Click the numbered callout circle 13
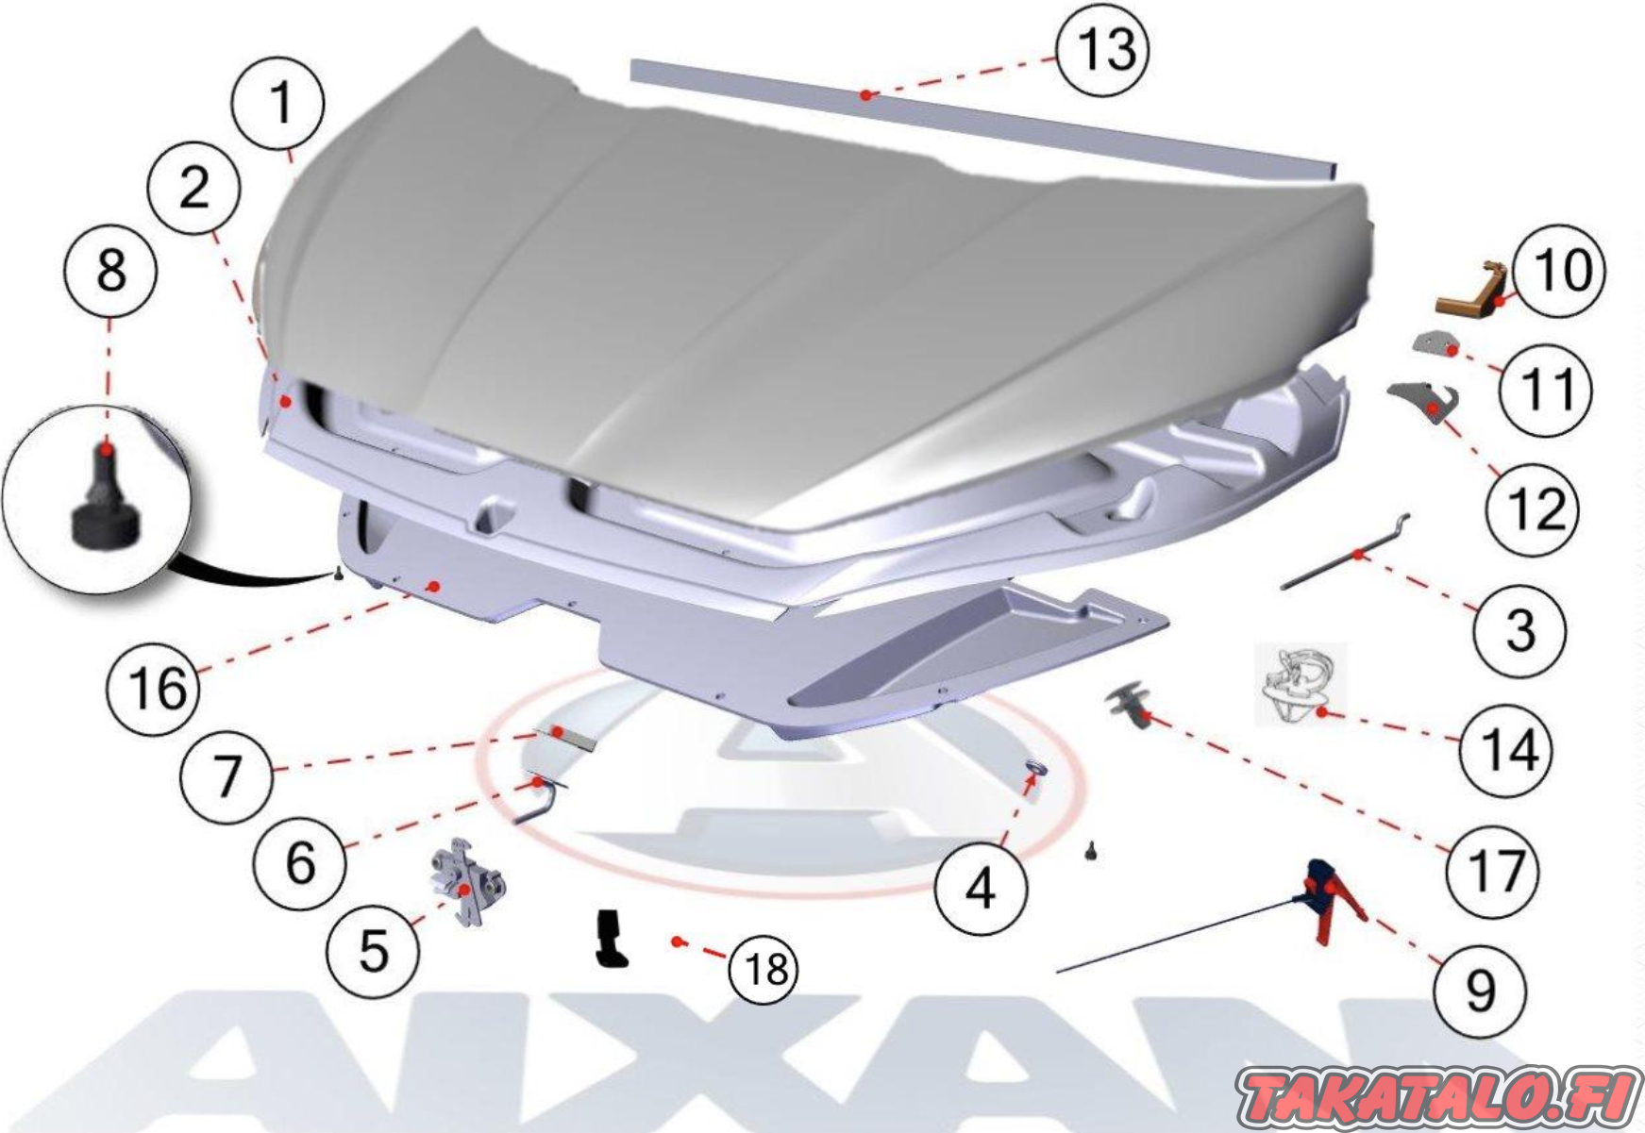(1102, 48)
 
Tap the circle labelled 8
(111, 271)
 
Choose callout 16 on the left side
(154, 688)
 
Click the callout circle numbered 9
(1479, 991)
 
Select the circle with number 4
(981, 888)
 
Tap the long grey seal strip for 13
(982, 120)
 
